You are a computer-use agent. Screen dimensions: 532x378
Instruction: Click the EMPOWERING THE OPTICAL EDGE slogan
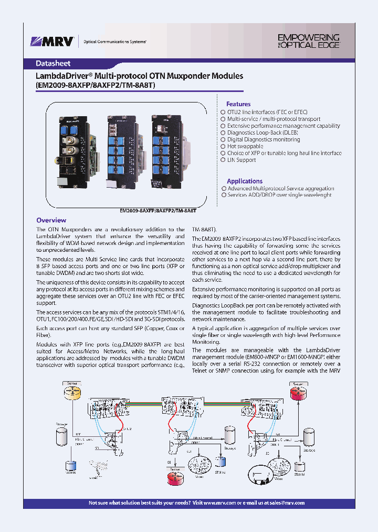pos(308,41)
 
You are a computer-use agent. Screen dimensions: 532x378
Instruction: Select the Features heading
pos(238,104)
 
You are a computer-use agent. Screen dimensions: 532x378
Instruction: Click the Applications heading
pos(245,181)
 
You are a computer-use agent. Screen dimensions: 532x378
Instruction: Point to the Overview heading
pos(51,220)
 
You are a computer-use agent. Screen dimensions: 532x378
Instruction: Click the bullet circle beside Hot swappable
pos(223,147)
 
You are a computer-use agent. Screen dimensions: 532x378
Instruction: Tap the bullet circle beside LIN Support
pos(223,160)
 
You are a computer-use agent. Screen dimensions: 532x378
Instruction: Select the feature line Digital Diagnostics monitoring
pos(264,140)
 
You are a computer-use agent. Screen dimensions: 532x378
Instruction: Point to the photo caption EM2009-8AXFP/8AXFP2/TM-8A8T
pos(158,210)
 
